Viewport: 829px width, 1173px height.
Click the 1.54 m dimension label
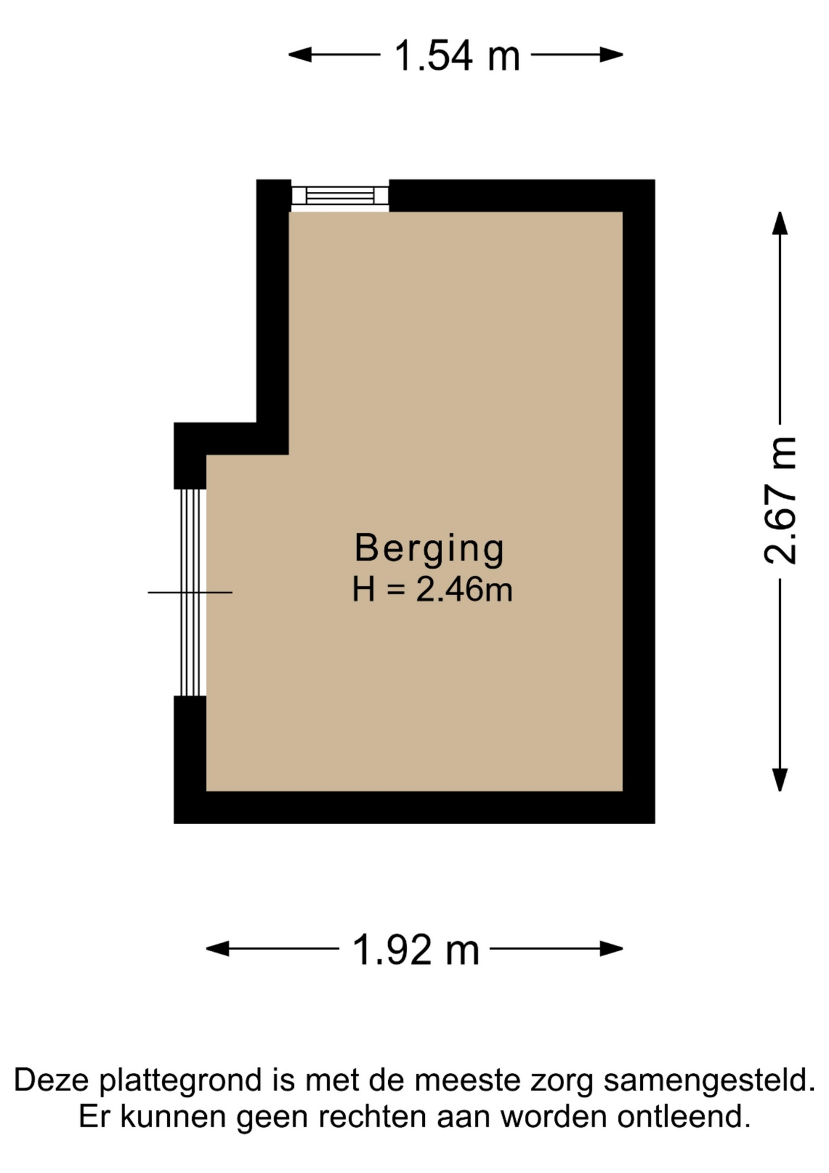(457, 56)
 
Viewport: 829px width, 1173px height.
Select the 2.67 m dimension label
(780, 500)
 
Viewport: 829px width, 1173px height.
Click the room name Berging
(429, 549)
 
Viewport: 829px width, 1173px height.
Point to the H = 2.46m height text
(432, 590)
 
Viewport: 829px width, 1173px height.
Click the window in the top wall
(340, 195)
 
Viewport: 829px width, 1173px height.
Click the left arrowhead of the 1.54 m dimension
(300, 55)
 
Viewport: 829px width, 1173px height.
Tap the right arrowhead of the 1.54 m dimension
(611, 55)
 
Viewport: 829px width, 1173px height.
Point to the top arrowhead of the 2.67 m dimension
(780, 223)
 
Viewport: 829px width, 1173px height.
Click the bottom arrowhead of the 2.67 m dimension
(780, 780)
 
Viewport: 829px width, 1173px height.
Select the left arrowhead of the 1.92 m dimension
(217, 949)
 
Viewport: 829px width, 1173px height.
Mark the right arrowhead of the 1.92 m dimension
(611, 949)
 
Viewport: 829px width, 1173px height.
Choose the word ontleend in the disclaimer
(684, 1116)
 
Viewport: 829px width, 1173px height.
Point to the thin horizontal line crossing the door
(190, 593)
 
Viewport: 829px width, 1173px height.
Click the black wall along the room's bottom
(415, 807)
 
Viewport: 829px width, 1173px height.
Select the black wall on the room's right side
(639, 501)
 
